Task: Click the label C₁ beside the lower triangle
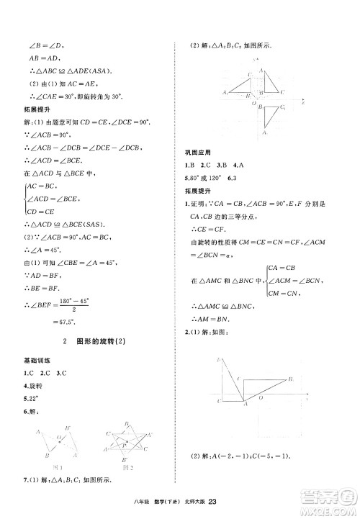tap(283, 107)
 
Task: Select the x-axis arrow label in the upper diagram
tap(304, 103)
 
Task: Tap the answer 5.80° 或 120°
tap(202, 177)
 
